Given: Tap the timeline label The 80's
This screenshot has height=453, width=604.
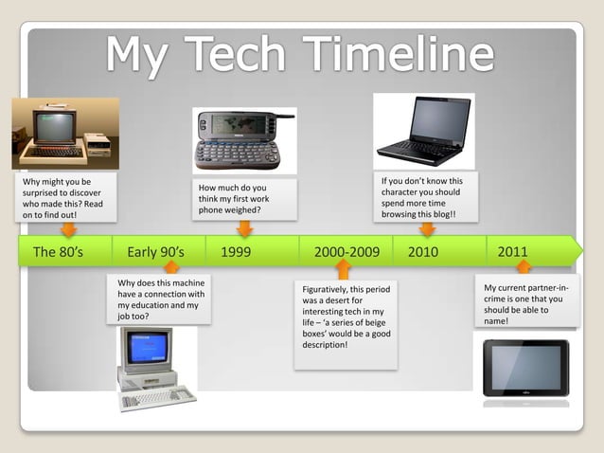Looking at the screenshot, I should click(58, 252).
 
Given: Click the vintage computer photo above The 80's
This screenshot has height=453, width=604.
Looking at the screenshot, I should click(64, 133).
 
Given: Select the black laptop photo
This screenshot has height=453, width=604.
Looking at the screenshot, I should click(423, 130).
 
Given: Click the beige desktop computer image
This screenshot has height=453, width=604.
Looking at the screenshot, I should click(154, 368).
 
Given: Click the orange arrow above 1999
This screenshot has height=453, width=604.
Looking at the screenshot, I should click(244, 228).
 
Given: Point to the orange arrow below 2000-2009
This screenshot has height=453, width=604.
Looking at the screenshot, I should click(343, 270).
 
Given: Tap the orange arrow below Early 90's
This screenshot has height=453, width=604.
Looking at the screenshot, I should click(171, 267).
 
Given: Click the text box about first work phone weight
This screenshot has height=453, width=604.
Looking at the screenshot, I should click(243, 199).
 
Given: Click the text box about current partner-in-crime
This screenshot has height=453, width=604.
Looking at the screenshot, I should click(526, 303).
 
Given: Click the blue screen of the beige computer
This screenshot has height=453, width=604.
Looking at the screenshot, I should click(147, 347).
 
